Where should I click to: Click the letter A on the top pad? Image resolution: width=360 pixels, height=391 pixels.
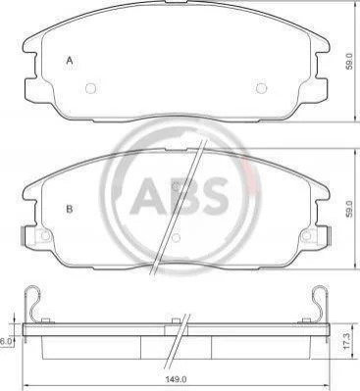pos(69,61)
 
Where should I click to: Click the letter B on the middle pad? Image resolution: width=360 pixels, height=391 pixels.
pos(69,209)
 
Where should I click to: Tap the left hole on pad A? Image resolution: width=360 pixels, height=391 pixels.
pos(90,88)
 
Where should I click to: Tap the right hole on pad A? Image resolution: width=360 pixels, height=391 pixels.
pos(261,88)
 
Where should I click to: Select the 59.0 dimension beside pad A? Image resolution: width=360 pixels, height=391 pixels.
pos(349,61)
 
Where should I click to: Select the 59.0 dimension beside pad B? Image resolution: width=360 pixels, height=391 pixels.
pos(349,209)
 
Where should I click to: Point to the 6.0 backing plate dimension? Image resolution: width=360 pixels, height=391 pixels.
pos(6,341)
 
